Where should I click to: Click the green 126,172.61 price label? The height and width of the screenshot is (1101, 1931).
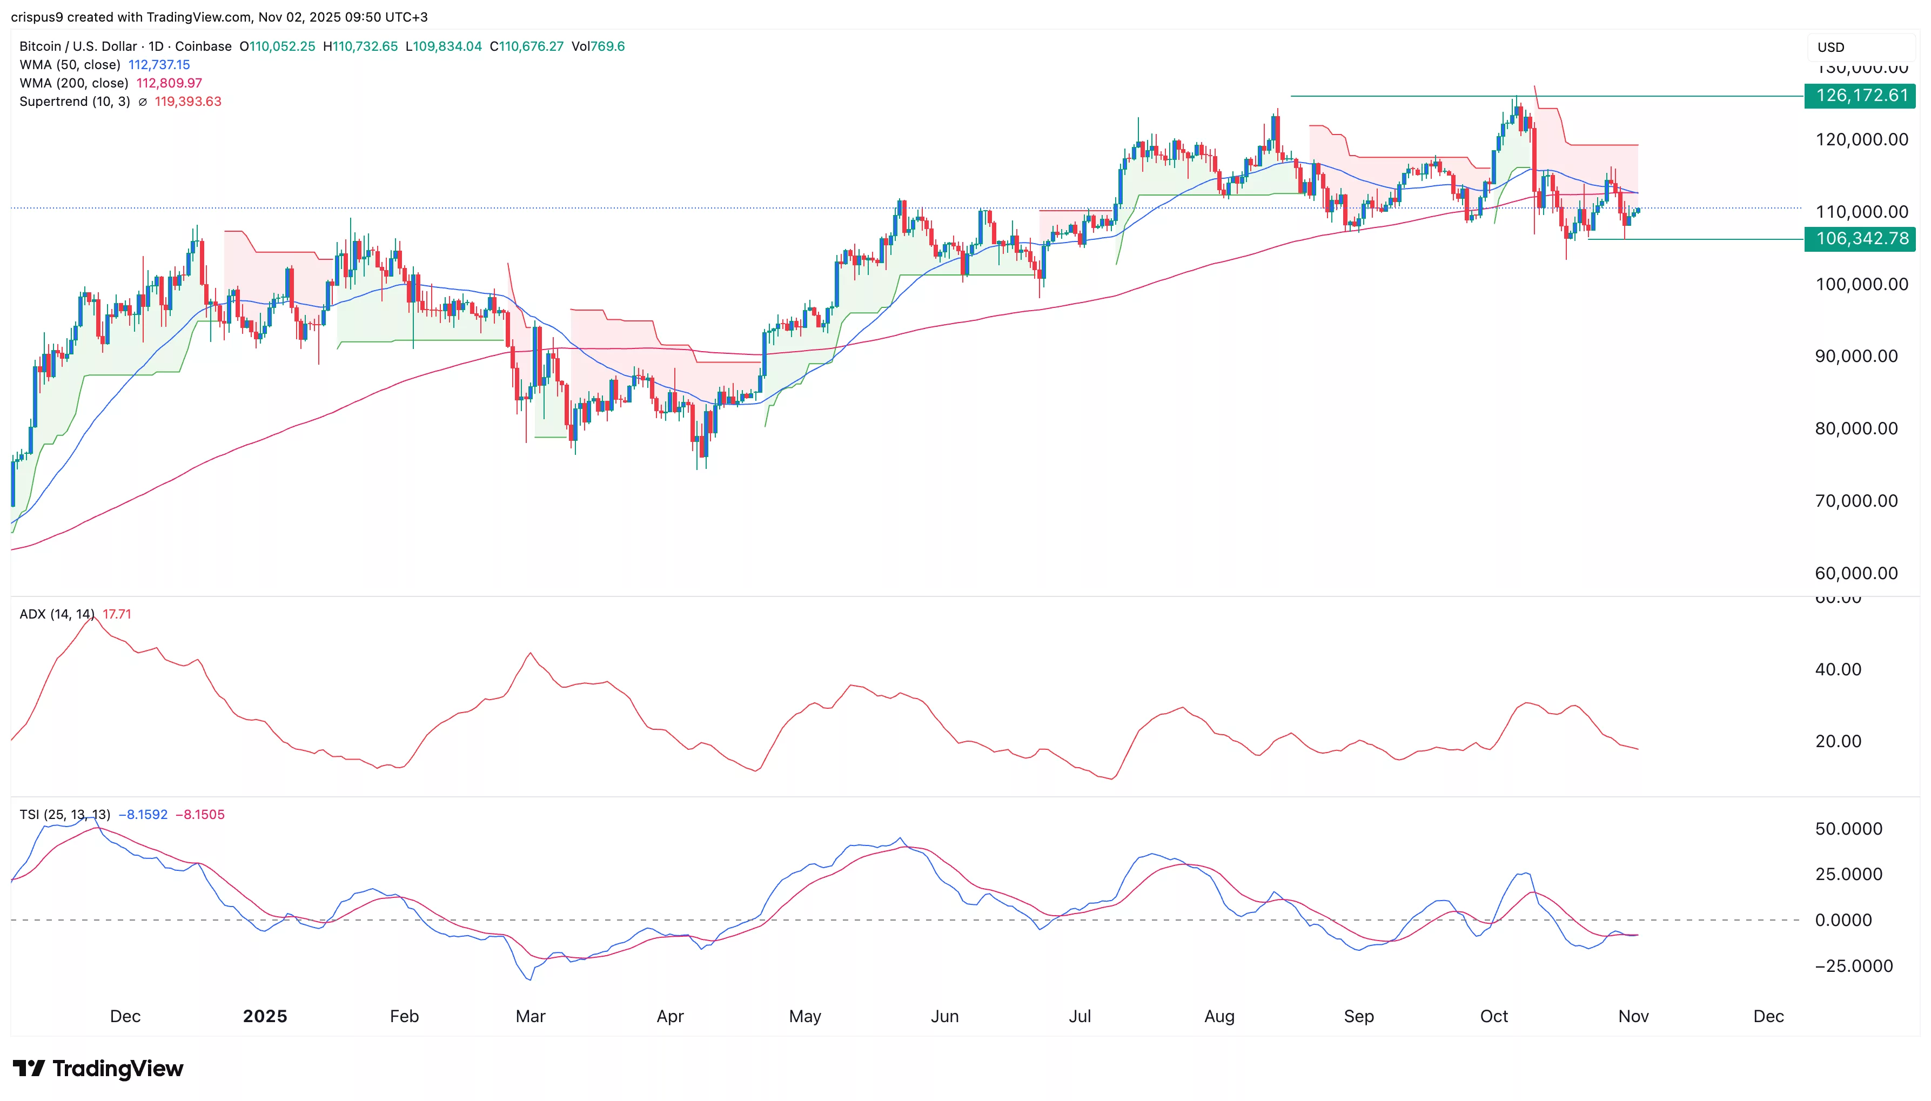[x=1859, y=96]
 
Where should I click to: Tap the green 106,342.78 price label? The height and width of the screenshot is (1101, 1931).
[x=1859, y=239]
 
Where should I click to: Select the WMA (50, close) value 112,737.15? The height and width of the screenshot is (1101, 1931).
[x=159, y=65]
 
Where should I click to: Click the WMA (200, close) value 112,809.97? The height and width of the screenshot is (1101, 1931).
[x=169, y=83]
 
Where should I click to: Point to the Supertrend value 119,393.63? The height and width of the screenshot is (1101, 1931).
[x=187, y=102]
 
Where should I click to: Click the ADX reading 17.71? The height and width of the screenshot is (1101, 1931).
[x=117, y=614]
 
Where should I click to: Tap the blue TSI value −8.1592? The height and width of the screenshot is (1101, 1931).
[x=143, y=815]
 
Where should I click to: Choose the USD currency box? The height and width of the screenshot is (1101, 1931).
[x=1859, y=47]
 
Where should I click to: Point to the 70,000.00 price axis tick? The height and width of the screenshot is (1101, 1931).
[x=1856, y=501]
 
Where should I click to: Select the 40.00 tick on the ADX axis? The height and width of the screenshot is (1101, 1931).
[x=1838, y=669]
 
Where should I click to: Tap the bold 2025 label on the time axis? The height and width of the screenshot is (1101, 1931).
[x=265, y=1016]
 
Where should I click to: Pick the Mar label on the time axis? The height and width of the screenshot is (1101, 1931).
[x=530, y=1016]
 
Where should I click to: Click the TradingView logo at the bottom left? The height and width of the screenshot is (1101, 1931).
[x=98, y=1069]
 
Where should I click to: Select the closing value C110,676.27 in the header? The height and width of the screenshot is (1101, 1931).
[x=526, y=46]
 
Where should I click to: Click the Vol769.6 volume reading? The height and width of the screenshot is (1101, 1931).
[x=598, y=46]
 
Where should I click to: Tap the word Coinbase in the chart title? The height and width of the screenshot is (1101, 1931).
[x=203, y=46]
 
